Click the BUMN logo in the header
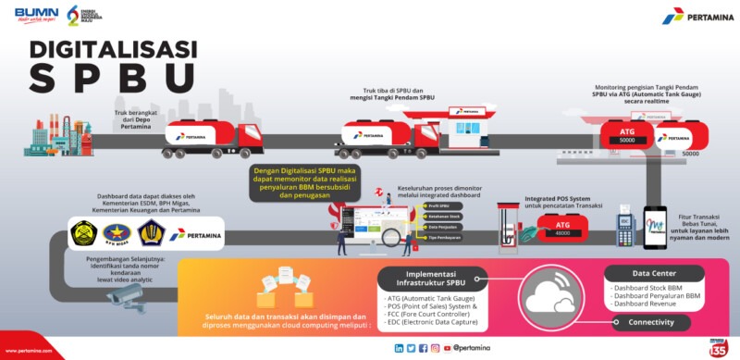36,16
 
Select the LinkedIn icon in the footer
399,348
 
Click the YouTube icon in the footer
447,348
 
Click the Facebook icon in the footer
423,348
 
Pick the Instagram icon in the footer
435,348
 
